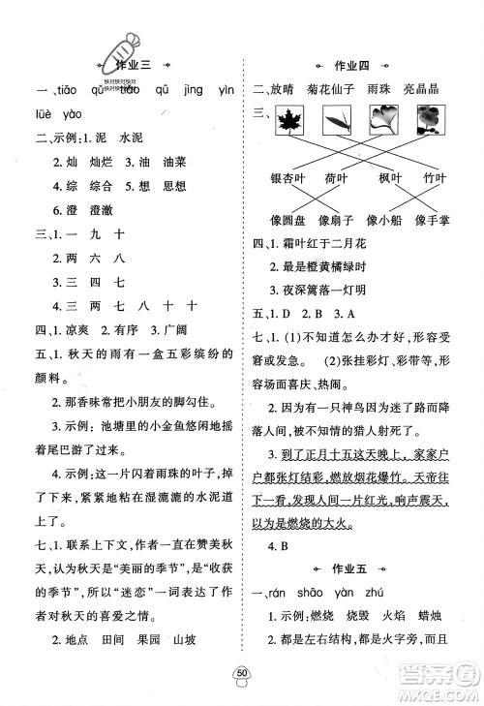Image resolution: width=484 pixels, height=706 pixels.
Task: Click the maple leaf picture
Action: (x=291, y=121)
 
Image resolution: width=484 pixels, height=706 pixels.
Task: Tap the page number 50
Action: (x=242, y=675)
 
